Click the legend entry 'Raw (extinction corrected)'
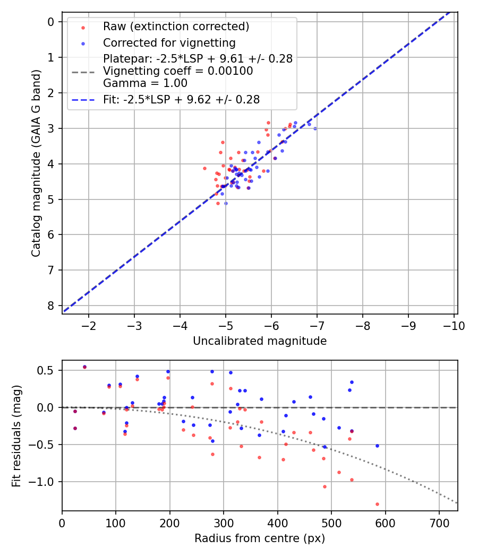[x=176, y=27]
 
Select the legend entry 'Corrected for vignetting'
[x=169, y=42]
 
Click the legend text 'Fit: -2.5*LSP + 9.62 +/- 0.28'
[x=181, y=100]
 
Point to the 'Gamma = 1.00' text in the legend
[x=145, y=83]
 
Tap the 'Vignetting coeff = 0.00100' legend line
[x=178, y=71]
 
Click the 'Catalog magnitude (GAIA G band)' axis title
[x=36, y=162]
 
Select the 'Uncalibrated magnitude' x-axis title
[x=260, y=341]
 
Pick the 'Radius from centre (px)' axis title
[x=260, y=538]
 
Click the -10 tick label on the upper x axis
[x=454, y=325]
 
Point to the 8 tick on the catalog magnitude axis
[x=51, y=306]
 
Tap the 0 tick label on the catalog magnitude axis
[x=51, y=22]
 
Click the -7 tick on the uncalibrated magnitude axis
[x=317, y=325]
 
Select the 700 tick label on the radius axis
[x=439, y=523]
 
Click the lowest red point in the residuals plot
[x=377, y=504]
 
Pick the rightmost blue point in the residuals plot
[x=377, y=446]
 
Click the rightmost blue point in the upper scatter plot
[x=315, y=128]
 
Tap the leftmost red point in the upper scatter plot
[x=204, y=168]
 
